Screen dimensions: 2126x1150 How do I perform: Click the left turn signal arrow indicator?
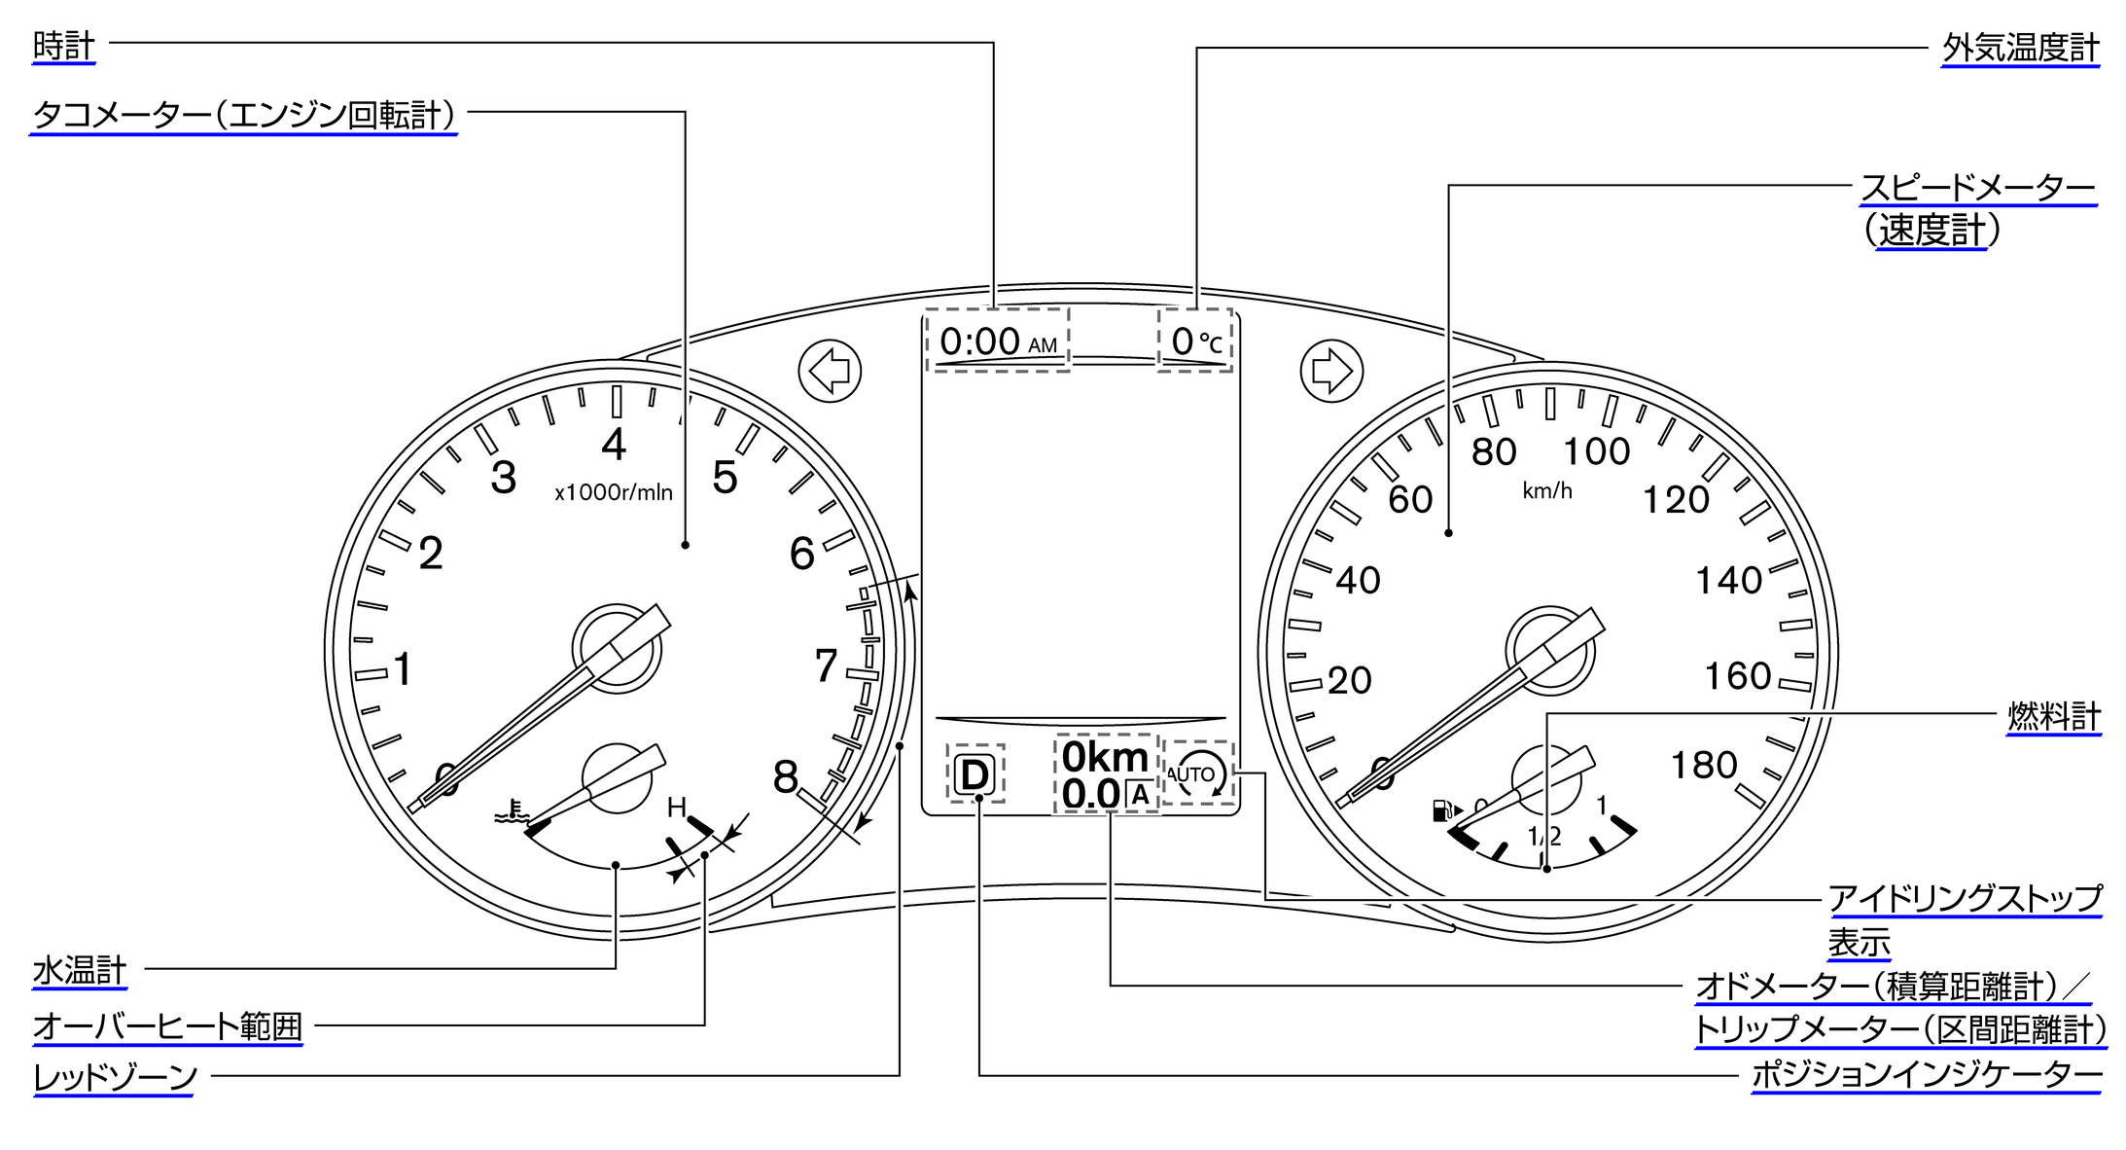coord(830,371)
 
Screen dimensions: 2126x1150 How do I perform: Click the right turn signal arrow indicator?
coord(1331,371)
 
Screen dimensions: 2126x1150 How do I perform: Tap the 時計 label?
coord(63,46)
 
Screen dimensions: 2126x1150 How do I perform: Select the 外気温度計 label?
coord(2021,49)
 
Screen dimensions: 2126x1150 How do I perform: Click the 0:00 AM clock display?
coord(998,341)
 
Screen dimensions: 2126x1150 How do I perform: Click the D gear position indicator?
coord(974,775)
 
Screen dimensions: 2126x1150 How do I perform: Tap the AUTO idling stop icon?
coord(1197,774)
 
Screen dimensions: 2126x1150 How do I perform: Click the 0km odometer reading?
coord(1105,757)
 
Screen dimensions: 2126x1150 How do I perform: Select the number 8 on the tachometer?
coord(786,777)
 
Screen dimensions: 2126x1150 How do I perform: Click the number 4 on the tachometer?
coord(614,445)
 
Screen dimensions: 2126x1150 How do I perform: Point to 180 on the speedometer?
coord(1704,766)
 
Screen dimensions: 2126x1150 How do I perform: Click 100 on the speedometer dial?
coord(1596,451)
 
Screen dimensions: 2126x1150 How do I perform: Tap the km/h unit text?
coord(1547,491)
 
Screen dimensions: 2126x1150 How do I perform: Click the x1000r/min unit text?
coord(614,492)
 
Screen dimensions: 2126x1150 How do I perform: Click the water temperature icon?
coord(512,810)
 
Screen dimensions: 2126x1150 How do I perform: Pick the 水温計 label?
coord(80,971)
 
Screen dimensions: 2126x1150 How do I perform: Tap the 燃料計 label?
coord(2054,717)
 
